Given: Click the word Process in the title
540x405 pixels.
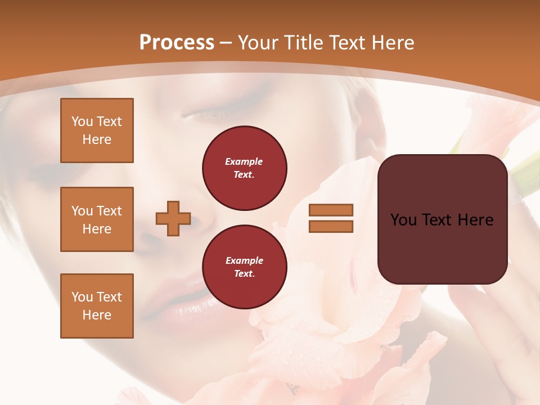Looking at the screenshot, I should [x=177, y=43].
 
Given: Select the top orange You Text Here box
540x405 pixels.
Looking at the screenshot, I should [x=97, y=130].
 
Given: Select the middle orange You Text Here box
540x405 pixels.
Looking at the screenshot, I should [x=97, y=219].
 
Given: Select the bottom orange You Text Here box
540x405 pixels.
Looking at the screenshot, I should [x=97, y=306].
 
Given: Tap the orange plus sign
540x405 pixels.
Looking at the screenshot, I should [x=173, y=218].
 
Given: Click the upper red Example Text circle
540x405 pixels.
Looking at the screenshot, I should [x=245, y=168].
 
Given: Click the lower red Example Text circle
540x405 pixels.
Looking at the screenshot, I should [x=245, y=267].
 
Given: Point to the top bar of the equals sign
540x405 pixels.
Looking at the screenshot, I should [x=331, y=210].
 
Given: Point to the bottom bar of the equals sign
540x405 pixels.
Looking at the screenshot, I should [x=331, y=226].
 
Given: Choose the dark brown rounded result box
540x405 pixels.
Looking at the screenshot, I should [x=442, y=247].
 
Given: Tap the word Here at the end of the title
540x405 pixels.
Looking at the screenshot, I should [x=391, y=43].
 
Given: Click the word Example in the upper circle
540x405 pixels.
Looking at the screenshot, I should [x=244, y=161].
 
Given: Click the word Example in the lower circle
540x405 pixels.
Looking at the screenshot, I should [x=244, y=260].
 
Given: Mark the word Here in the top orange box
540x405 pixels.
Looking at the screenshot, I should [x=97, y=139].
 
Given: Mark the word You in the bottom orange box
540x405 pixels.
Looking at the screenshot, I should [x=82, y=297].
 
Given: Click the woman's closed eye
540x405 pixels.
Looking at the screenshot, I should [x=211, y=112].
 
